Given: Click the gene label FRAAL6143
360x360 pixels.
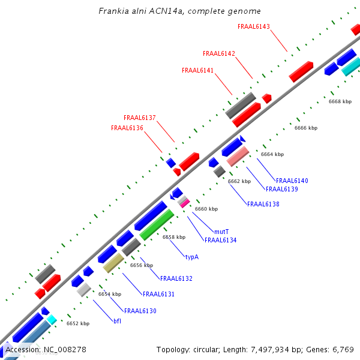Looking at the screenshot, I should point(254,26).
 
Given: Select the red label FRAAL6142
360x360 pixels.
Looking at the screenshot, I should point(219,53).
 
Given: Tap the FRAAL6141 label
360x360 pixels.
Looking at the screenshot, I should point(197,70).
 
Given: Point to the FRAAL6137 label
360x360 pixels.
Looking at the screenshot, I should point(140,118).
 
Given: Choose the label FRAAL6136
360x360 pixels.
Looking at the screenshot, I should point(127,128).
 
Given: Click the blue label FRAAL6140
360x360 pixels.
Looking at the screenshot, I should point(292,181).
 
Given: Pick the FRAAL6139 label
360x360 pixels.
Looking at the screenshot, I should point(282,189).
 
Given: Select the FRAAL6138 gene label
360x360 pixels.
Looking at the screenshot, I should point(263,204).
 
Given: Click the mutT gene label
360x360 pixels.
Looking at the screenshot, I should point(221,231).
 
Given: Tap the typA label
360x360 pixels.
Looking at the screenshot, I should point(191,257).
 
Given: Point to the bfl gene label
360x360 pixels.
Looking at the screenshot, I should point(118,321).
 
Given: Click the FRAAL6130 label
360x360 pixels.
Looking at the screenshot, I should point(140,311).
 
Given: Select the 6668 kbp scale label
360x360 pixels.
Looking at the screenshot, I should point(340,101).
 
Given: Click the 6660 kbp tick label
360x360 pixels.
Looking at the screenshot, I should point(206,209).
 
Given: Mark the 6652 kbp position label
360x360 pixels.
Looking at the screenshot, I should point(78,323).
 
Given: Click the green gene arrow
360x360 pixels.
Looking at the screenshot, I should point(157,224).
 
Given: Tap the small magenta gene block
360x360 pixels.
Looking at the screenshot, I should point(185,203).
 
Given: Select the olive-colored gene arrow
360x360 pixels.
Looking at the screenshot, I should point(113,262).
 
